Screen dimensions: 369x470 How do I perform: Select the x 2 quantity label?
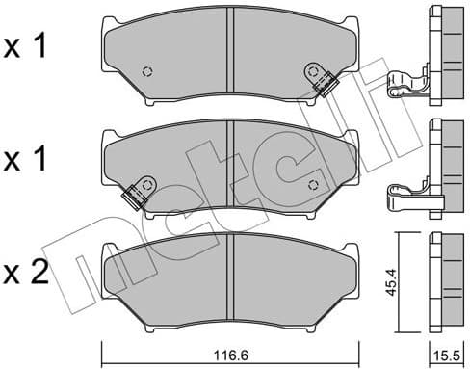point(26,274)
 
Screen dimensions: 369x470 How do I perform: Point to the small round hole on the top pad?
point(147,70)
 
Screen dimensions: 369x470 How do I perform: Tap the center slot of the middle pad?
point(230,160)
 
